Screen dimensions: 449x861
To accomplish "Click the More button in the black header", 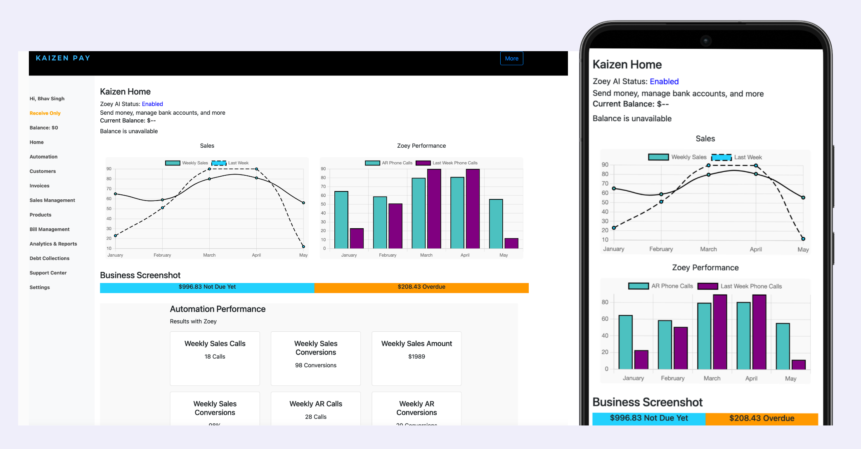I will click(x=511, y=59).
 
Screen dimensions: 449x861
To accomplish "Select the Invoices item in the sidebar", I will click(x=40, y=186).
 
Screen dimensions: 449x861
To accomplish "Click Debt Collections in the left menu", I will click(x=50, y=258).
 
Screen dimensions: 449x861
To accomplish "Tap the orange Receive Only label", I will click(x=45, y=113).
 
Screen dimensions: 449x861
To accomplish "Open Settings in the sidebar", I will click(x=40, y=287).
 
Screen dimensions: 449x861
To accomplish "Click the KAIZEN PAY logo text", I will click(x=63, y=58).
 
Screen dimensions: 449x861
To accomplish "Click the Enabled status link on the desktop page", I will click(x=152, y=104).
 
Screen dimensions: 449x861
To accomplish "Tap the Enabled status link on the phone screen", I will click(x=664, y=81).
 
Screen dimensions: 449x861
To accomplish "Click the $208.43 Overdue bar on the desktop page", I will click(x=421, y=287).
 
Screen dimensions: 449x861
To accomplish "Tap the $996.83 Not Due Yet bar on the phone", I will click(x=649, y=418).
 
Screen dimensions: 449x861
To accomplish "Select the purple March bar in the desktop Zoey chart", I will click(x=434, y=209).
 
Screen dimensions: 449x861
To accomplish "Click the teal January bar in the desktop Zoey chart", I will click(x=341, y=220).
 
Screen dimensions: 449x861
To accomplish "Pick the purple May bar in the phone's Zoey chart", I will click(x=799, y=364).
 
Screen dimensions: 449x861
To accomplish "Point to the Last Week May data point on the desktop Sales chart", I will click(x=303, y=246).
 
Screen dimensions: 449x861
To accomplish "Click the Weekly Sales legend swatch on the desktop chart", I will click(x=173, y=163).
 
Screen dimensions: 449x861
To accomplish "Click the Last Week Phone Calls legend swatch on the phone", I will click(x=707, y=286).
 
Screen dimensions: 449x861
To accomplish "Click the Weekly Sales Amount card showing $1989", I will click(x=416, y=358).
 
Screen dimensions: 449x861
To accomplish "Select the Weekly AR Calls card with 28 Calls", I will click(x=316, y=409).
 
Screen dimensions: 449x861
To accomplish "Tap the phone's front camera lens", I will click(x=706, y=40).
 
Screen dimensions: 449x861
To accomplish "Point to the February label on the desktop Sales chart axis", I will click(x=162, y=255).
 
